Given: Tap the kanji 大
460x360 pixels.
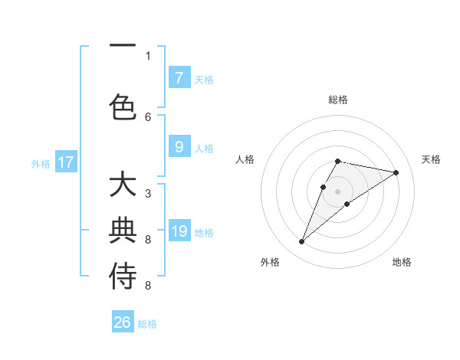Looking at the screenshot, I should click(123, 186).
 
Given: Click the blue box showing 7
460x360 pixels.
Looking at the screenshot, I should click(179, 78).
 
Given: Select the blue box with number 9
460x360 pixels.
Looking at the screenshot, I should click(179, 148).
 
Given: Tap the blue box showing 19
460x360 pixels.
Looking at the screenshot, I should click(179, 232).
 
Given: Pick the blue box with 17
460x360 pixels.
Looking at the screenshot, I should click(66, 162).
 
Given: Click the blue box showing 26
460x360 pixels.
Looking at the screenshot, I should click(123, 322).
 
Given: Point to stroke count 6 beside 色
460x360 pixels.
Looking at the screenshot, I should click(148, 117).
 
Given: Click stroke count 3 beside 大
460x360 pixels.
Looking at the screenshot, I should click(148, 194).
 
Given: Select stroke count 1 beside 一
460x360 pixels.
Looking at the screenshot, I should click(148, 55).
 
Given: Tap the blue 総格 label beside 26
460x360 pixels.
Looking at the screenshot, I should click(147, 324).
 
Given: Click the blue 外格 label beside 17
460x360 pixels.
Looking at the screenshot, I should click(41, 163).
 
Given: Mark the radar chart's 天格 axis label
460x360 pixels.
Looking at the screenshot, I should click(431, 159).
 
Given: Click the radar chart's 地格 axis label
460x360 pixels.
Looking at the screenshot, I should click(402, 262).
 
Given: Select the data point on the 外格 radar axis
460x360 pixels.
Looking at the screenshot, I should click(301, 242).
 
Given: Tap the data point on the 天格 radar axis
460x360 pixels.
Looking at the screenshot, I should click(396, 172).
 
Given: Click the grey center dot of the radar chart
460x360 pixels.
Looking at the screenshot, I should click(338, 191).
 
